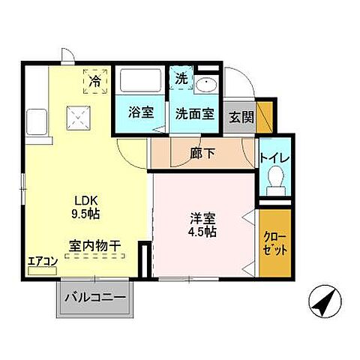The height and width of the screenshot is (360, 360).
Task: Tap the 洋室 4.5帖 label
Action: [x=202, y=225]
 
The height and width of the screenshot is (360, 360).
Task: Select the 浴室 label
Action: [x=140, y=113]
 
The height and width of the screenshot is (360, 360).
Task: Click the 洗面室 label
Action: [x=195, y=114]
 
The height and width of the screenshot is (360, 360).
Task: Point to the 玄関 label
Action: [x=241, y=117]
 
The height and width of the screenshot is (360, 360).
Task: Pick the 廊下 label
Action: [x=202, y=154]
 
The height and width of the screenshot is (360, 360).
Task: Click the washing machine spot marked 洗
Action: [x=181, y=77]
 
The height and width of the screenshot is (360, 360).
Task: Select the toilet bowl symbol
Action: [x=274, y=178]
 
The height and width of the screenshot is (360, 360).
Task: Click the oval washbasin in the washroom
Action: [x=206, y=85]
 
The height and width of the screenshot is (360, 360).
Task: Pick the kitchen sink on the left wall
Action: [x=34, y=122]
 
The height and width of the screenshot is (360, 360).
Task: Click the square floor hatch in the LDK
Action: [x=76, y=117]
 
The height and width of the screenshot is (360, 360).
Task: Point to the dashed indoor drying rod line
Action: [x=95, y=256]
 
